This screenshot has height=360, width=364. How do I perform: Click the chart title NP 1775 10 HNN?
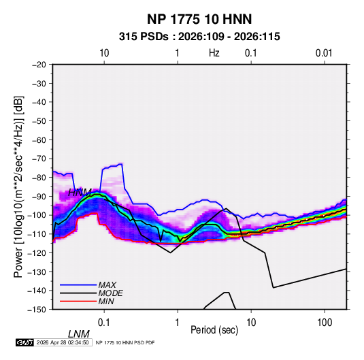click(199, 19)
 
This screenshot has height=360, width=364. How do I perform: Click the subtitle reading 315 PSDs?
click(144, 37)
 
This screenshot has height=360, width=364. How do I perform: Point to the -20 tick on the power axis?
click(39, 65)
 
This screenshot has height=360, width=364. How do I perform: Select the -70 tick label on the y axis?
click(39, 159)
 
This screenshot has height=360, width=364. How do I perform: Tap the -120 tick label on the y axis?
click(37, 252)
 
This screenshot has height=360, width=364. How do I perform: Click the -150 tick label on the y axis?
click(37, 310)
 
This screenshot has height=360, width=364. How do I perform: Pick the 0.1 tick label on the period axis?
click(104, 323)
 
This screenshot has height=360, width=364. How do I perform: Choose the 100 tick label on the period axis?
click(325, 323)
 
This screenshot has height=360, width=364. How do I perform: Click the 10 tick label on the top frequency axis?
click(104, 53)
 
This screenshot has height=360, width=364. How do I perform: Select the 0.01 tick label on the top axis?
click(324, 53)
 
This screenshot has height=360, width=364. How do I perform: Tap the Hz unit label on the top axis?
click(214, 53)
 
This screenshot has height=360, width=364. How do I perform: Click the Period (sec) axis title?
click(214, 330)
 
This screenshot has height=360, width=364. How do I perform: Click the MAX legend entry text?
click(107, 285)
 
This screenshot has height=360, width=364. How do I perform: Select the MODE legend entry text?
click(110, 293)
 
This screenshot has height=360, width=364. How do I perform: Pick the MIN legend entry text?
click(106, 301)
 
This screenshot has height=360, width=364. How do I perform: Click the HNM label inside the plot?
click(80, 193)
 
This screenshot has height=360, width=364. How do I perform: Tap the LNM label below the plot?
click(79, 334)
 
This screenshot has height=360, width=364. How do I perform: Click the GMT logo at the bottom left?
click(25, 342)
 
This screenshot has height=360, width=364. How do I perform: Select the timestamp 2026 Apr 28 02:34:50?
click(63, 342)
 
